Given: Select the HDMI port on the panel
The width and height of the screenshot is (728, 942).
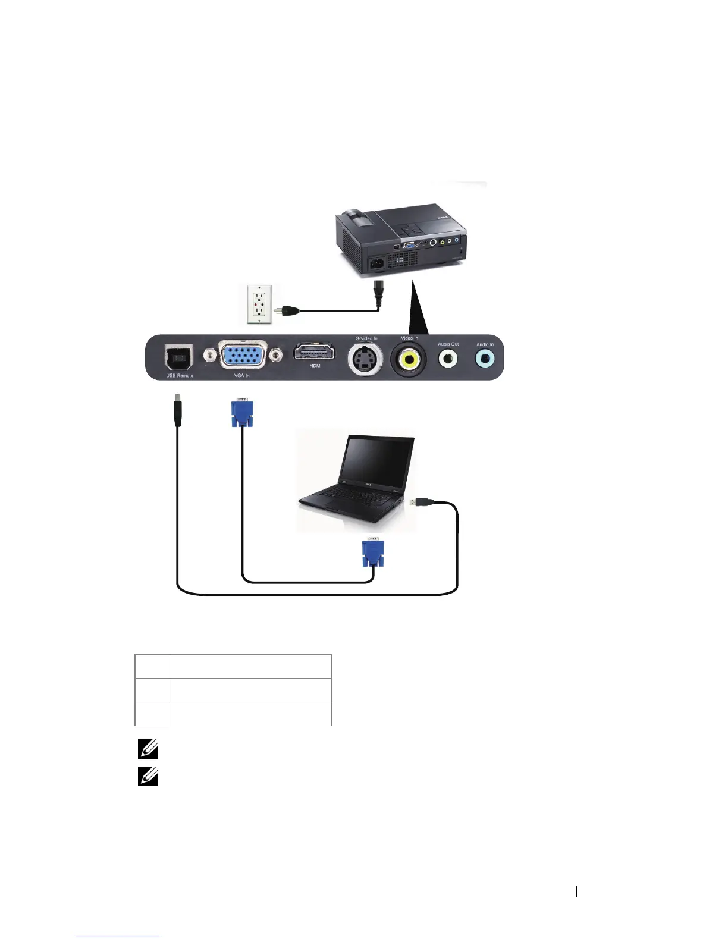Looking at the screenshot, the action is click(314, 351).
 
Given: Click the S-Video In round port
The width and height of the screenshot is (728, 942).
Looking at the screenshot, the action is click(365, 358).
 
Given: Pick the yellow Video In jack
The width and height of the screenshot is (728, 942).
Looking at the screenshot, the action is click(408, 359).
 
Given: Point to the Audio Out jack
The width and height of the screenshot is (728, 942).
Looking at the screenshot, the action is click(448, 358).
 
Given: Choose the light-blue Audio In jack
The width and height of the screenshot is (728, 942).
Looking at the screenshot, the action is click(485, 358).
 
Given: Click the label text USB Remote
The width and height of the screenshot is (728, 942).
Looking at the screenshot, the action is click(179, 376).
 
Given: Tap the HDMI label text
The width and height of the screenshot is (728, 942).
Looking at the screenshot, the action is click(315, 366).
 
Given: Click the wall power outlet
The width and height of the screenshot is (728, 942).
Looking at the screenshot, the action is click(259, 303).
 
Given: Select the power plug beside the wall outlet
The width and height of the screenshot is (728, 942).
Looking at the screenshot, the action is click(285, 310).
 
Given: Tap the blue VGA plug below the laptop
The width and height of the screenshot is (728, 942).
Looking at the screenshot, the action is click(372, 553).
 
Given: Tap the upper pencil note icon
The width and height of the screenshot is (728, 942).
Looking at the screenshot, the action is click(148, 751).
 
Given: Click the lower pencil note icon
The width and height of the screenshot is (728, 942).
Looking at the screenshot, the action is click(148, 776).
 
